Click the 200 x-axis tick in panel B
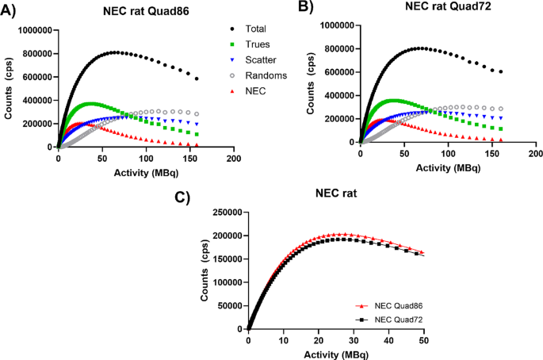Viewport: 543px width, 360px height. pos(536,153)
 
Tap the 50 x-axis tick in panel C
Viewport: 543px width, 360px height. pos(423,340)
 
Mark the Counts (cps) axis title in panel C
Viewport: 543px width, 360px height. pos(193,269)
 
